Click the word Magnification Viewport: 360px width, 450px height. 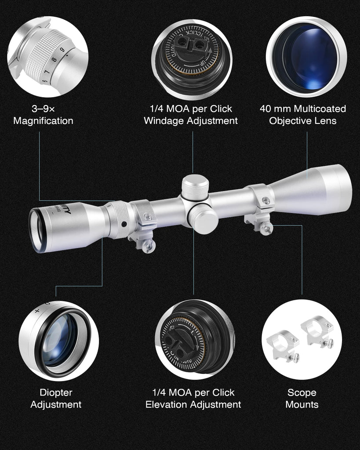point(43,121)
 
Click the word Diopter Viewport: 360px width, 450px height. point(56,392)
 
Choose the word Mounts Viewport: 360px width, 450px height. point(302,405)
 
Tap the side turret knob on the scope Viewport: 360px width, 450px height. point(204,218)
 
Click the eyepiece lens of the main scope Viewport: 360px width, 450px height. point(36,230)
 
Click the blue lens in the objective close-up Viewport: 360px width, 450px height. point(310,57)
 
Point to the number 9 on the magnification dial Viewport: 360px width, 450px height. point(62,50)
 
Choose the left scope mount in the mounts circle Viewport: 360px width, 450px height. point(286,345)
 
